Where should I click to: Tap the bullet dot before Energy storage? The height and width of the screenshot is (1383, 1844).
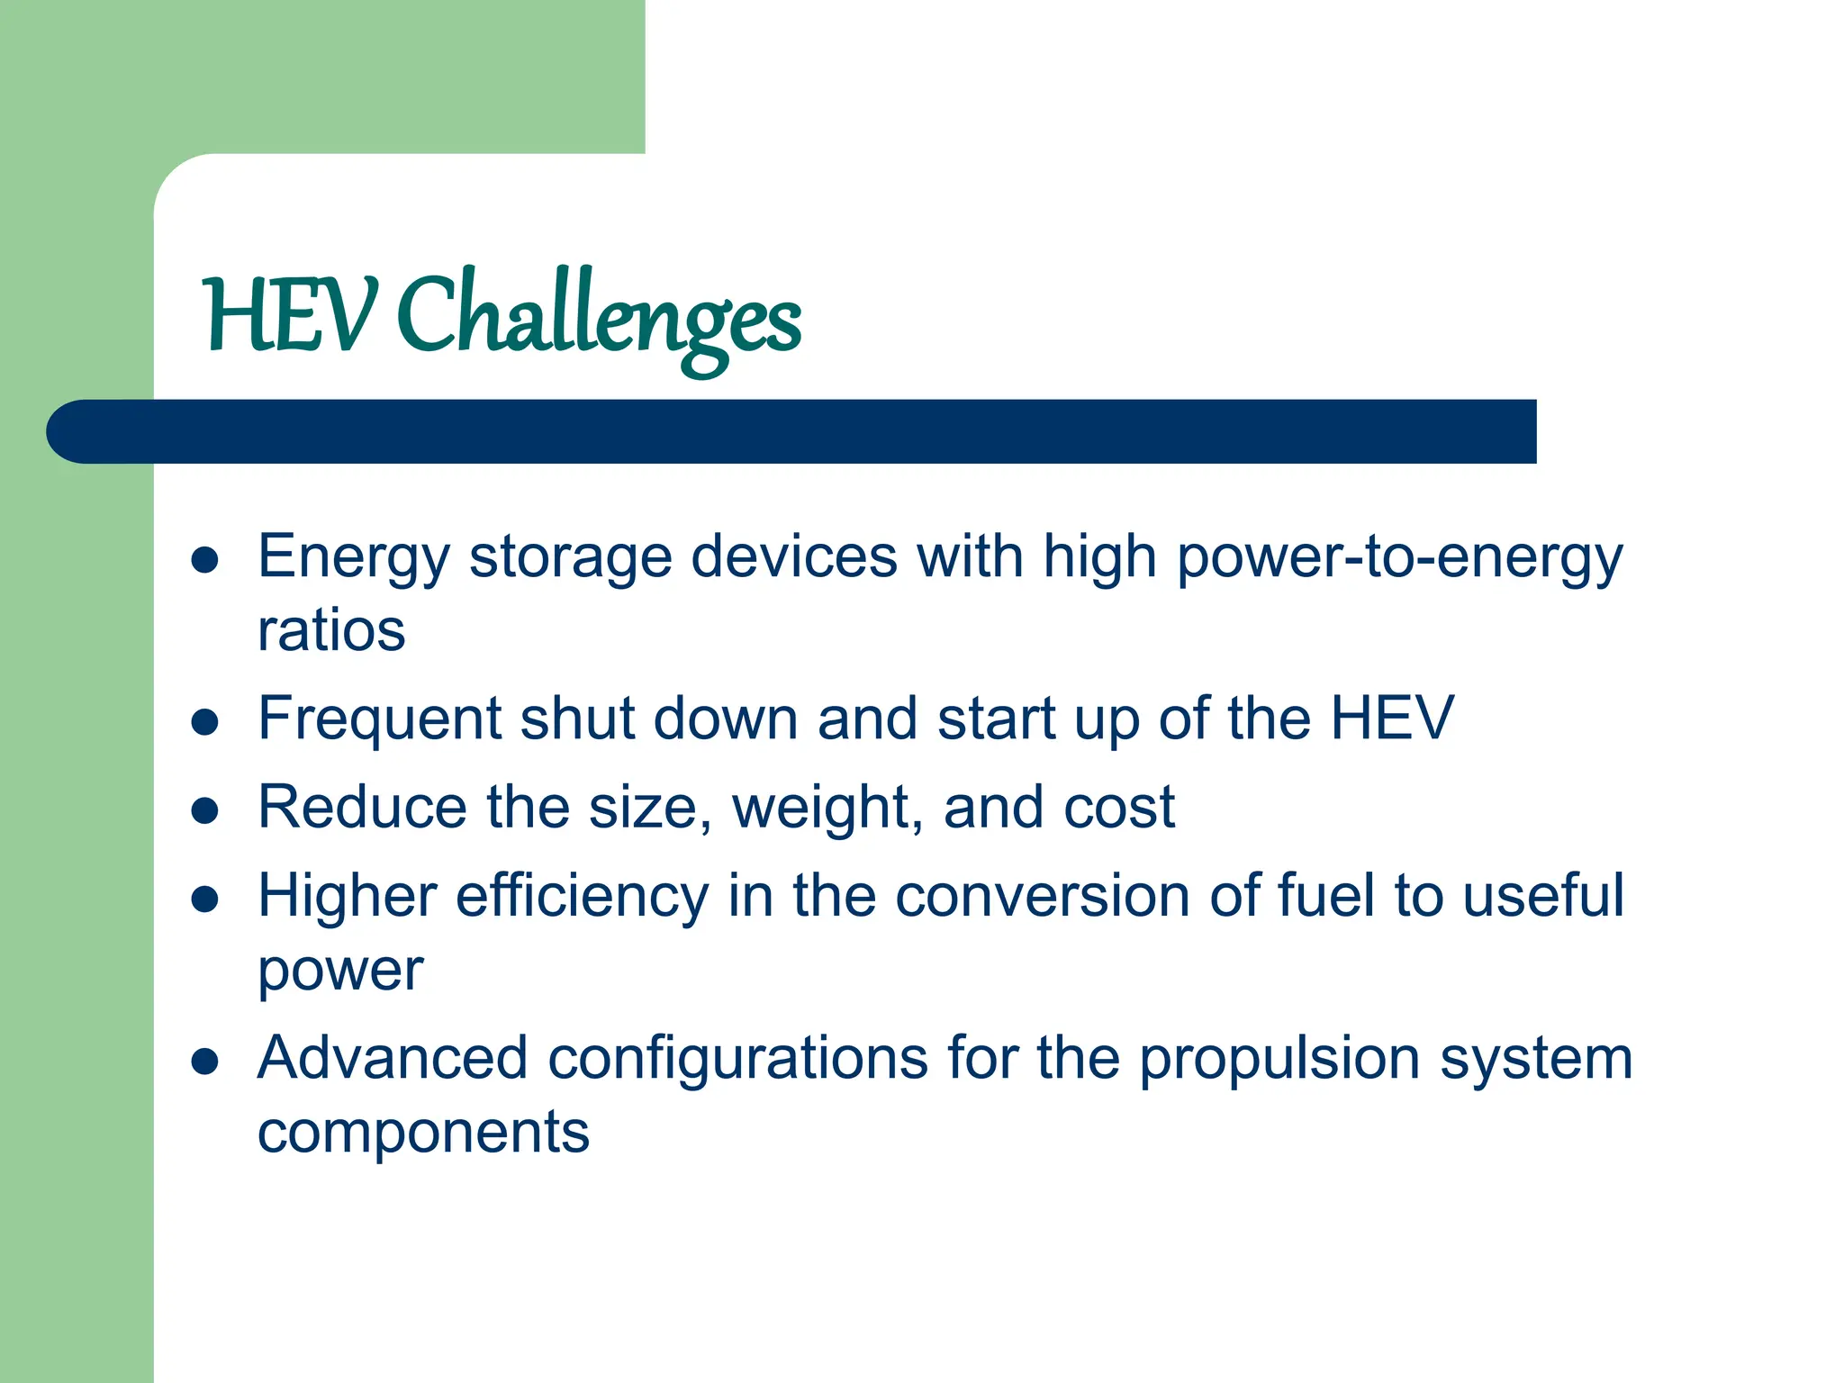[205, 560]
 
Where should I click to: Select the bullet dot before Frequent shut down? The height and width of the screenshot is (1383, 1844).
[205, 722]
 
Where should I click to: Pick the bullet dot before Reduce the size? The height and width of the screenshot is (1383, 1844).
[205, 810]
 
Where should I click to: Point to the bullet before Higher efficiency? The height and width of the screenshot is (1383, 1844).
[205, 899]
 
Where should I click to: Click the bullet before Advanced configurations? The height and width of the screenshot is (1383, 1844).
[205, 1061]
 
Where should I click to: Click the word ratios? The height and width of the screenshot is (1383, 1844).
[331, 630]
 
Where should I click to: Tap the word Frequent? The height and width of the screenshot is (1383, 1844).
[379, 719]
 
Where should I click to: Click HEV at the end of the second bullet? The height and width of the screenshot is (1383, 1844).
[1392, 719]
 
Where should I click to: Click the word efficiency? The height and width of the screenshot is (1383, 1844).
[583, 898]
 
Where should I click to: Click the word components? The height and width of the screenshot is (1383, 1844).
[423, 1132]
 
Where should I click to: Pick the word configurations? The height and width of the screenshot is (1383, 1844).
[737, 1059]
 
